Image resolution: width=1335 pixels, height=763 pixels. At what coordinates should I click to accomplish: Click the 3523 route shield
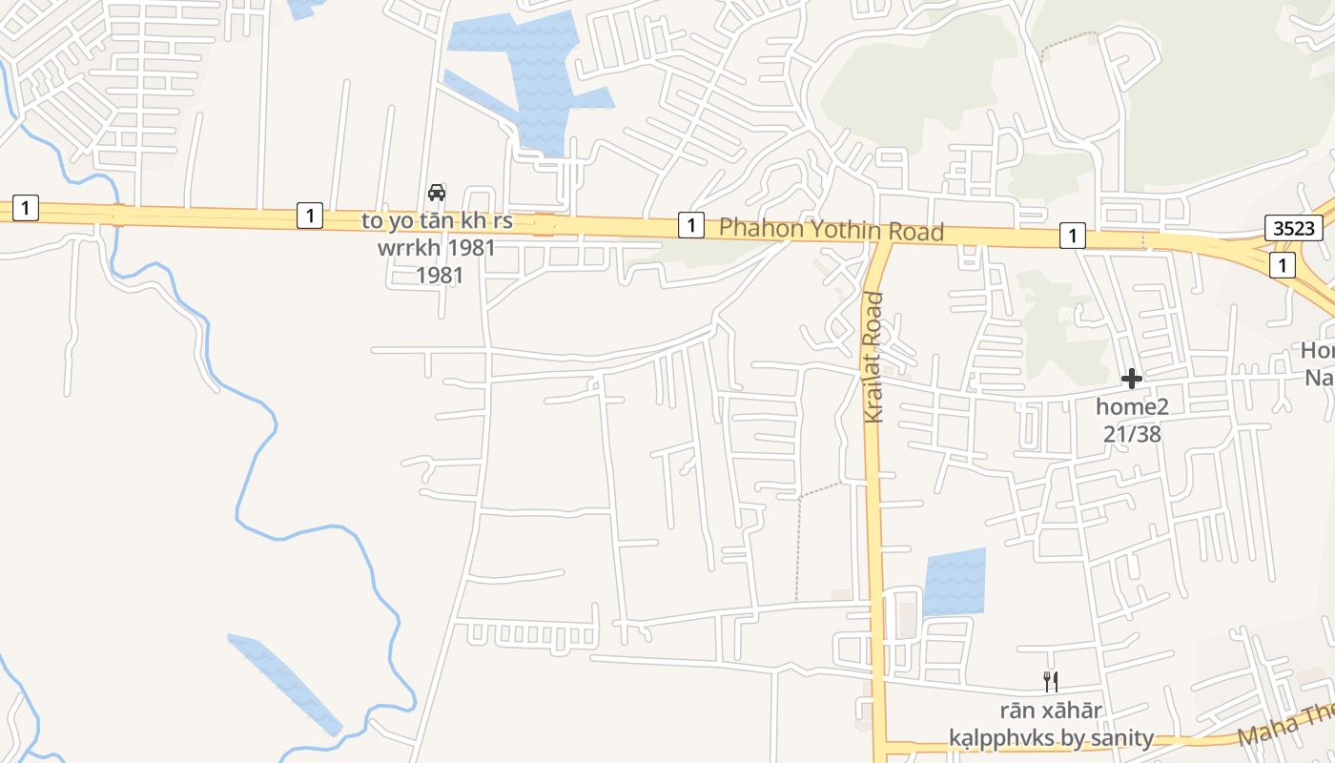click(x=1294, y=227)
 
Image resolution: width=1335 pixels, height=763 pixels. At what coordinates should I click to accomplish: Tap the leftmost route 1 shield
click(x=26, y=207)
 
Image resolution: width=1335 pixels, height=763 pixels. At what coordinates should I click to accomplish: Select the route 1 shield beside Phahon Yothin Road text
click(x=690, y=225)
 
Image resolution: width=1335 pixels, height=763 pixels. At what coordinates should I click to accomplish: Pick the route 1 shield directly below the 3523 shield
click(x=1283, y=265)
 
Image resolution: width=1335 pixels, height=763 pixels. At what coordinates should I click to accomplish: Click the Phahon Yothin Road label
click(x=831, y=230)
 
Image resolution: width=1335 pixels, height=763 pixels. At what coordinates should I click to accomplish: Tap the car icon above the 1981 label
click(x=437, y=193)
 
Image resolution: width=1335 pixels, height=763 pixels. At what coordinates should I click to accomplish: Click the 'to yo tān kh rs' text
click(x=437, y=221)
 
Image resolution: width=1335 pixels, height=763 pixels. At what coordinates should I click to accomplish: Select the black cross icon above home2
click(x=1132, y=379)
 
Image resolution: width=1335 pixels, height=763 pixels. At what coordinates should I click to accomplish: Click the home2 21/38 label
click(x=1132, y=420)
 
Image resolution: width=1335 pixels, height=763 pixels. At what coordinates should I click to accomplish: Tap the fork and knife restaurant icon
click(x=1051, y=681)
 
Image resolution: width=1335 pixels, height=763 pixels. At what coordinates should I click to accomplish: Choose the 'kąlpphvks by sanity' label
click(x=1051, y=737)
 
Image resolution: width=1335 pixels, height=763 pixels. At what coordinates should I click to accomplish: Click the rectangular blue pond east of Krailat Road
click(x=954, y=582)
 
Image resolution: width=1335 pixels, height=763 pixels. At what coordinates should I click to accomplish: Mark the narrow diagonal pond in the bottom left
click(x=284, y=683)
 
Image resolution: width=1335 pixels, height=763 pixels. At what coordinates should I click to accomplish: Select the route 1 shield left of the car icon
click(x=309, y=215)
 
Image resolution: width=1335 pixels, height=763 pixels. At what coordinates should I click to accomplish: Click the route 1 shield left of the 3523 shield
click(x=1073, y=235)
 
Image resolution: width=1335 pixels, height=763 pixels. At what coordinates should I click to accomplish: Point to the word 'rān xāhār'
click(x=1051, y=711)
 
